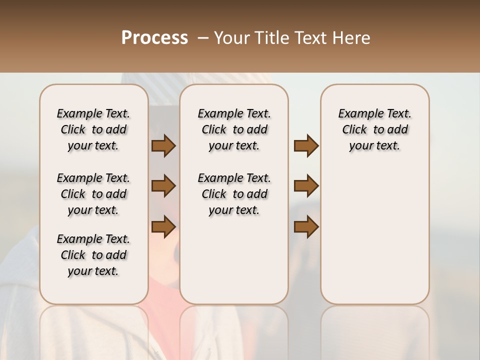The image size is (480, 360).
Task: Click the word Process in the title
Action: coord(154,37)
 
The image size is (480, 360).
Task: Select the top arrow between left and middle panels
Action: coord(163,145)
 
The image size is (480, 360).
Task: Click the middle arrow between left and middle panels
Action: coord(163,186)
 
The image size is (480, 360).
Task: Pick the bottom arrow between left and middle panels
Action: coord(163,226)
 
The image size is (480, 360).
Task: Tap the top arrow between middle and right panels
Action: coord(306,145)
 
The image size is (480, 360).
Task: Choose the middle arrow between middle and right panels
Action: coord(306,186)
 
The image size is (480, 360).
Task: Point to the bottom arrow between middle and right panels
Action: coord(306,226)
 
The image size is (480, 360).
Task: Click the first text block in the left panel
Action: coord(93,129)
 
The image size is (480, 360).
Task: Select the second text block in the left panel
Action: coord(93,194)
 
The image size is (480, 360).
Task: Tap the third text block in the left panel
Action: coord(93,255)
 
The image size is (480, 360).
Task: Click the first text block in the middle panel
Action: coord(234,129)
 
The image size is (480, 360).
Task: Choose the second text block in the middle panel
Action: coord(234,194)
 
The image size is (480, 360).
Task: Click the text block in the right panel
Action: coord(374,129)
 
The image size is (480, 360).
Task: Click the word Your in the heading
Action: coord(230,37)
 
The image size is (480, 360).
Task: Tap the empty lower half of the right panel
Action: coord(374,240)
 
